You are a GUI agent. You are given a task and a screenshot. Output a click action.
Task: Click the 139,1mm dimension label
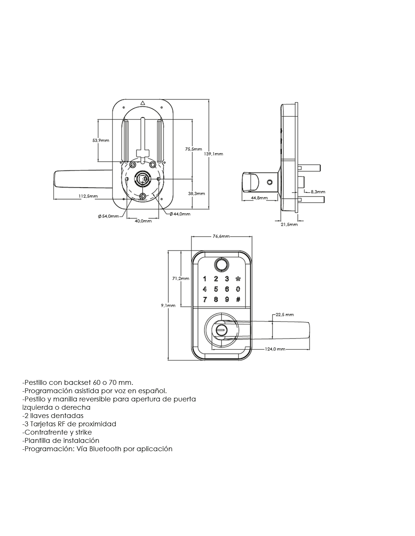pos(214,154)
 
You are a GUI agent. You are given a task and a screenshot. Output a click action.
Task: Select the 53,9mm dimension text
pos(101,140)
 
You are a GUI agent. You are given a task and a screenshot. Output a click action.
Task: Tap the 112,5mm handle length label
pos(88,196)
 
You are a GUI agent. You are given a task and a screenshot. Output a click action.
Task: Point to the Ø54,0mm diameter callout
pos(108,216)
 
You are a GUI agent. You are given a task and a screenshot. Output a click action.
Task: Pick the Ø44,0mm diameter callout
pos(180,214)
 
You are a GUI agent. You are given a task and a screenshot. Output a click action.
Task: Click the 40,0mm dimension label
pos(143,221)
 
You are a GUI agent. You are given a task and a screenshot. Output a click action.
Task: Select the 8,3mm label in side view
pos(318,191)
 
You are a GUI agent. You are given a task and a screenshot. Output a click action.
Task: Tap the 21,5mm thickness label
pos(289,224)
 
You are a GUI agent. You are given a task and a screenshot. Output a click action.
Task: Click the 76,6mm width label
pos(221,236)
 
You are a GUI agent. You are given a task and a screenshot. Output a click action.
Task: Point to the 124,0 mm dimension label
pos(275,349)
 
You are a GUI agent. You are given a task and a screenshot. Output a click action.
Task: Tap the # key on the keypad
pos(238,299)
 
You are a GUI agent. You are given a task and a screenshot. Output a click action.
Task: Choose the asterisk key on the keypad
pos(238,279)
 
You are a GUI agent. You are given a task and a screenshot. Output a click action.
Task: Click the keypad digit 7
pos(204,300)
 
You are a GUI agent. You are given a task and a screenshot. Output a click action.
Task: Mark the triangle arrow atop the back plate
pos(142,103)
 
